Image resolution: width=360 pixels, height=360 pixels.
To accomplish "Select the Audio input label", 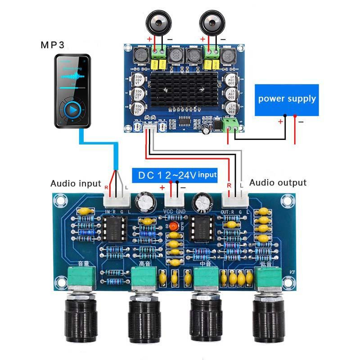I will pyautogui.click(x=76, y=183).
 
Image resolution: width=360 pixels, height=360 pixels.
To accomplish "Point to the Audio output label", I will pyautogui.click(x=278, y=182).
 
